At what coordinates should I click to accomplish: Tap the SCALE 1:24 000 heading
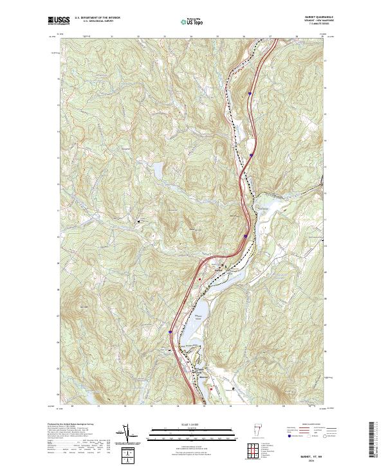click(192, 425)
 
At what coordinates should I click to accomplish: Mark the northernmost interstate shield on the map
click(249, 93)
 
